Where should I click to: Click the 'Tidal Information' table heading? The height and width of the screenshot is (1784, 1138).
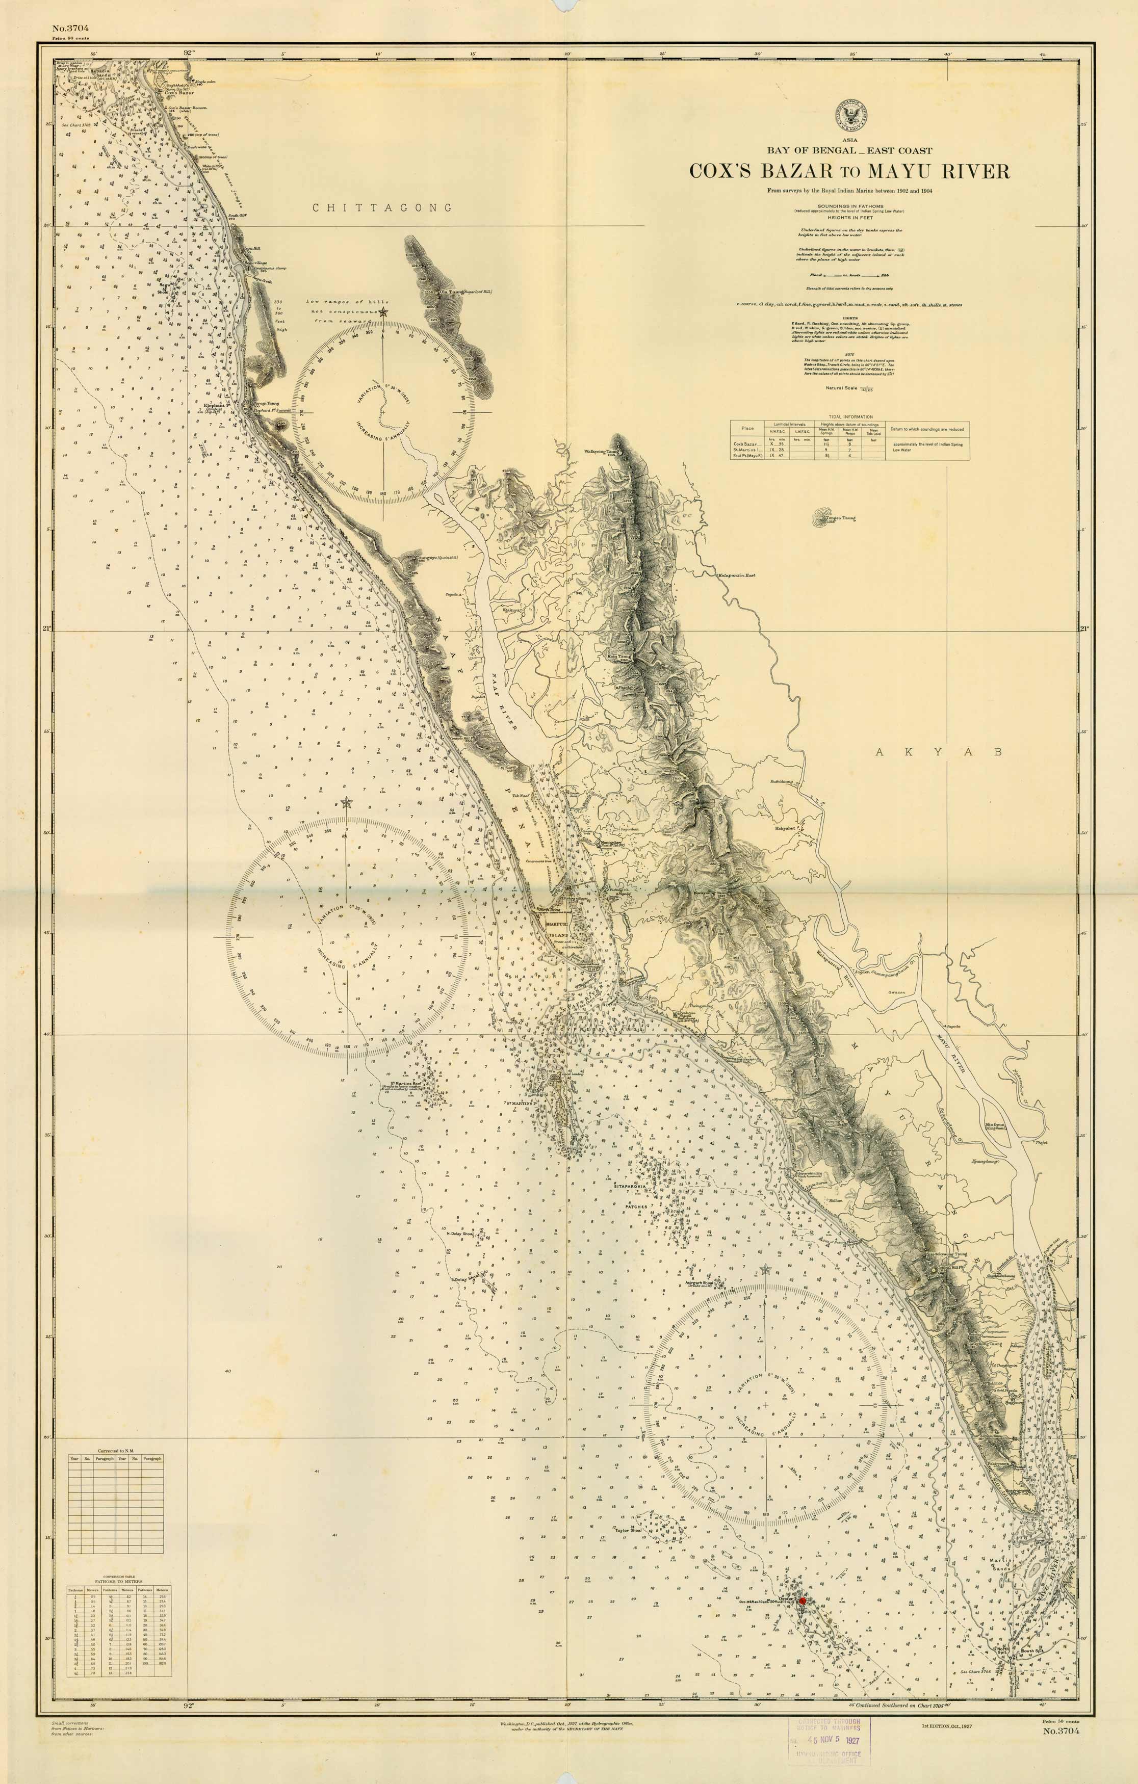pos(850,417)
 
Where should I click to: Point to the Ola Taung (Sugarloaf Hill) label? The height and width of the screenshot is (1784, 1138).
pos(466,292)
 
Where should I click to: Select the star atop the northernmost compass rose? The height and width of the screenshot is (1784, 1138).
pos(383,312)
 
